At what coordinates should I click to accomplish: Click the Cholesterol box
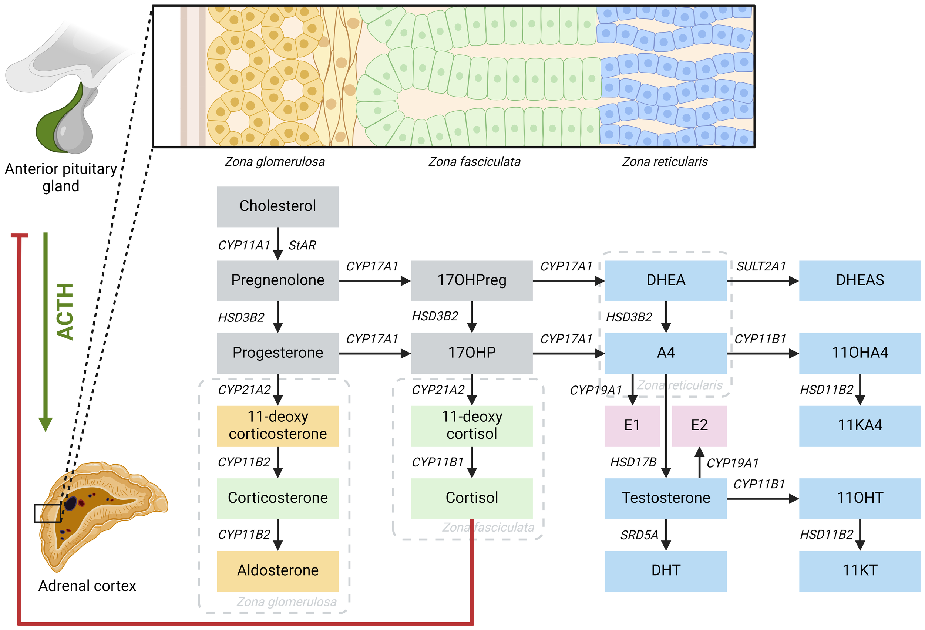(277, 206)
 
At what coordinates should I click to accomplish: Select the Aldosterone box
(277, 570)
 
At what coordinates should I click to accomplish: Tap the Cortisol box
(472, 498)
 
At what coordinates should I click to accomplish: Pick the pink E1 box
(632, 425)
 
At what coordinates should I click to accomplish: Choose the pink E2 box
(699, 425)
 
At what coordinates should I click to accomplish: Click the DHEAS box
(860, 280)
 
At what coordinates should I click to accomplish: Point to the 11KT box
(860, 570)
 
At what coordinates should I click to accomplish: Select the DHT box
(666, 570)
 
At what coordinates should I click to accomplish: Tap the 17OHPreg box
(472, 280)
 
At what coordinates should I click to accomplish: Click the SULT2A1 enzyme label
(761, 266)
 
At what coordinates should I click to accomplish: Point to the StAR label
(302, 245)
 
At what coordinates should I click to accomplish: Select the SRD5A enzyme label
(639, 535)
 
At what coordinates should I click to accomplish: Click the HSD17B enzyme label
(633, 462)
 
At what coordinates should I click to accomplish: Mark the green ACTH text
(65, 311)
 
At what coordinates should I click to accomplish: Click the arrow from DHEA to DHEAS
(762, 281)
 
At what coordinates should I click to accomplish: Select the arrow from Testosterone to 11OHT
(762, 498)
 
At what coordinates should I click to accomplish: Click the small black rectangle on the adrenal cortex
(47, 513)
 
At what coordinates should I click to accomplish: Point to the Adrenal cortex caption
(87, 586)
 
